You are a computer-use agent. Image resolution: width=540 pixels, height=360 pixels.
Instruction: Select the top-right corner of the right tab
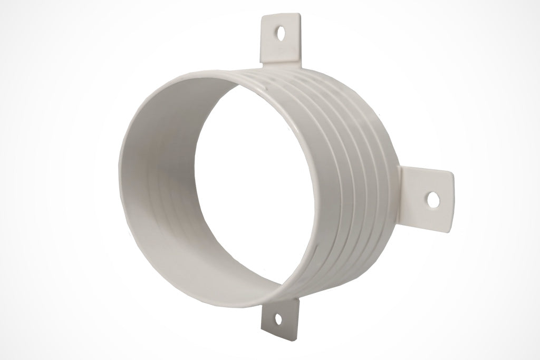click(x=452, y=172)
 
